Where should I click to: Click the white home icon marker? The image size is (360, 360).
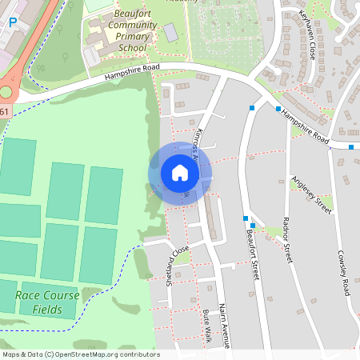(x=179, y=173)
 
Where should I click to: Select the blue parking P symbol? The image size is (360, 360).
(x=12, y=22)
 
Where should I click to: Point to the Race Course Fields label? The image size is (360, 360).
(x=47, y=302)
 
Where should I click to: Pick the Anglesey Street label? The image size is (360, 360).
(x=311, y=194)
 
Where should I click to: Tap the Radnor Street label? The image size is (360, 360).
(x=288, y=239)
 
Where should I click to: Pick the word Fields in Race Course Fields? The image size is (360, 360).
(x=47, y=309)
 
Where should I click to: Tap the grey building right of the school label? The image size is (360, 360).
(x=170, y=32)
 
